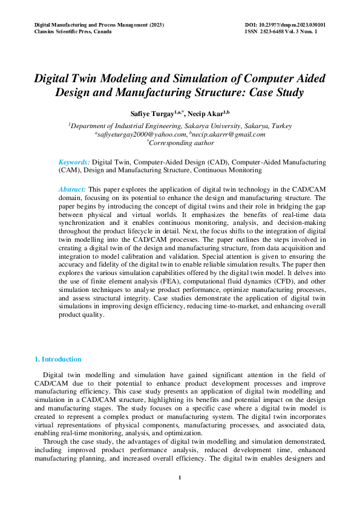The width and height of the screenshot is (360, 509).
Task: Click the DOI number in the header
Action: pyautogui.click(x=284, y=25)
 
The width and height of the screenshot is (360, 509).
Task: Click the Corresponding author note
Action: pyautogui.click(x=180, y=143)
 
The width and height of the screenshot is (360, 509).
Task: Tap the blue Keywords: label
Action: pyautogui.click(x=74, y=163)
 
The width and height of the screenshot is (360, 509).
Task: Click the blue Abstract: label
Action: pyautogui.click(x=72, y=189)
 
